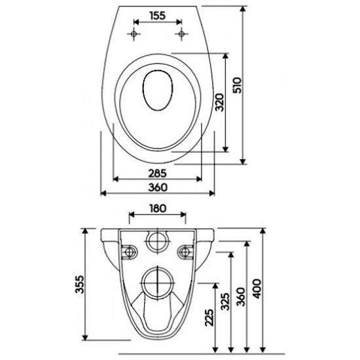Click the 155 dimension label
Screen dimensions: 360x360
pos(158,16)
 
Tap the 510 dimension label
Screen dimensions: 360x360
pos(237,85)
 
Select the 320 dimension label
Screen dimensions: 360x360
pos(219,102)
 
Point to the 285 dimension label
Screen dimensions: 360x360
pos(157,173)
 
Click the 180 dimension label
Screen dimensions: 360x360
pos(158,208)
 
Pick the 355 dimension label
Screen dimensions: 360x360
pos(80,285)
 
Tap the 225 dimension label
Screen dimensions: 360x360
pos(209,317)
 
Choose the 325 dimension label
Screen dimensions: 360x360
pos(225,302)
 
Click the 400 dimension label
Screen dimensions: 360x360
pos(257,289)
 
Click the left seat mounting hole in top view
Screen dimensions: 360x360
pos(134,34)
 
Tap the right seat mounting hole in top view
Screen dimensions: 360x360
pos(181,34)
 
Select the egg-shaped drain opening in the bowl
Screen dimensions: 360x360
pos(158,90)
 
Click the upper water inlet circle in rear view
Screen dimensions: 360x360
pos(158,241)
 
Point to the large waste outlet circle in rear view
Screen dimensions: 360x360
pos(158,283)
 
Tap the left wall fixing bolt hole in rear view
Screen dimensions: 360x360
pos(130,252)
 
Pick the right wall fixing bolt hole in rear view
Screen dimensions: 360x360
pos(185,252)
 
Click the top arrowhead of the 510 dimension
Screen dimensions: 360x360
pos(243,9)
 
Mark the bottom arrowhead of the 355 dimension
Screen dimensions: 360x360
pos(85,338)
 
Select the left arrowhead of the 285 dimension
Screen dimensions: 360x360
pos(116,179)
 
